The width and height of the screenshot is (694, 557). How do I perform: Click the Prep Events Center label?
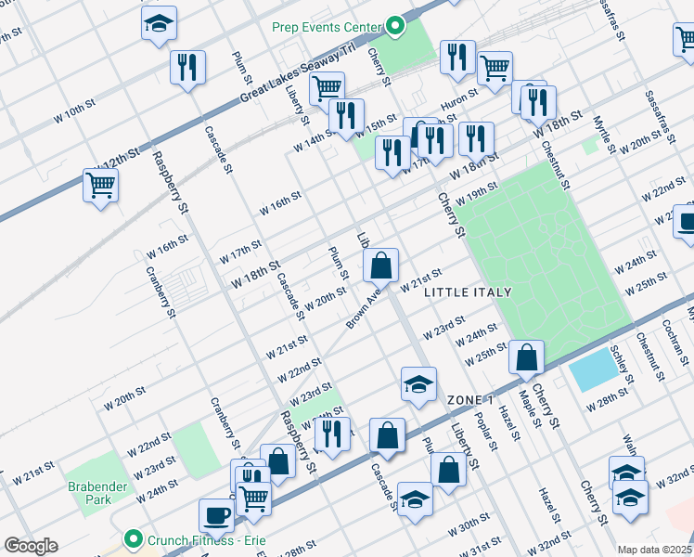click(328, 26)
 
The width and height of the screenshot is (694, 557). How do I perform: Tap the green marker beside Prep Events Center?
click(396, 26)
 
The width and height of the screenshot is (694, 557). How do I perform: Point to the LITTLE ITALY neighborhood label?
click(468, 292)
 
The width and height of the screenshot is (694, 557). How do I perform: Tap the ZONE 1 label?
click(470, 399)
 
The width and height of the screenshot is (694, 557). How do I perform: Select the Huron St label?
click(459, 94)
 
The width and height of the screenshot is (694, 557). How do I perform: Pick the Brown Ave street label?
click(364, 308)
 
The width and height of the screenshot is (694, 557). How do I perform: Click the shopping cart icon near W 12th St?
click(99, 183)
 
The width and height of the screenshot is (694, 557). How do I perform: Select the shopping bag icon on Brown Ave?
click(380, 266)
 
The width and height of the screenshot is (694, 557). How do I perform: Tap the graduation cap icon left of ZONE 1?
click(418, 384)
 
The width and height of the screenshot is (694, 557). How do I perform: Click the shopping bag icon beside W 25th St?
click(526, 356)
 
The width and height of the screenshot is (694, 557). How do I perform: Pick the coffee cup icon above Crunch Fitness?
click(216, 514)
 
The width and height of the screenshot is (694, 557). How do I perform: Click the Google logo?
click(31, 546)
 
